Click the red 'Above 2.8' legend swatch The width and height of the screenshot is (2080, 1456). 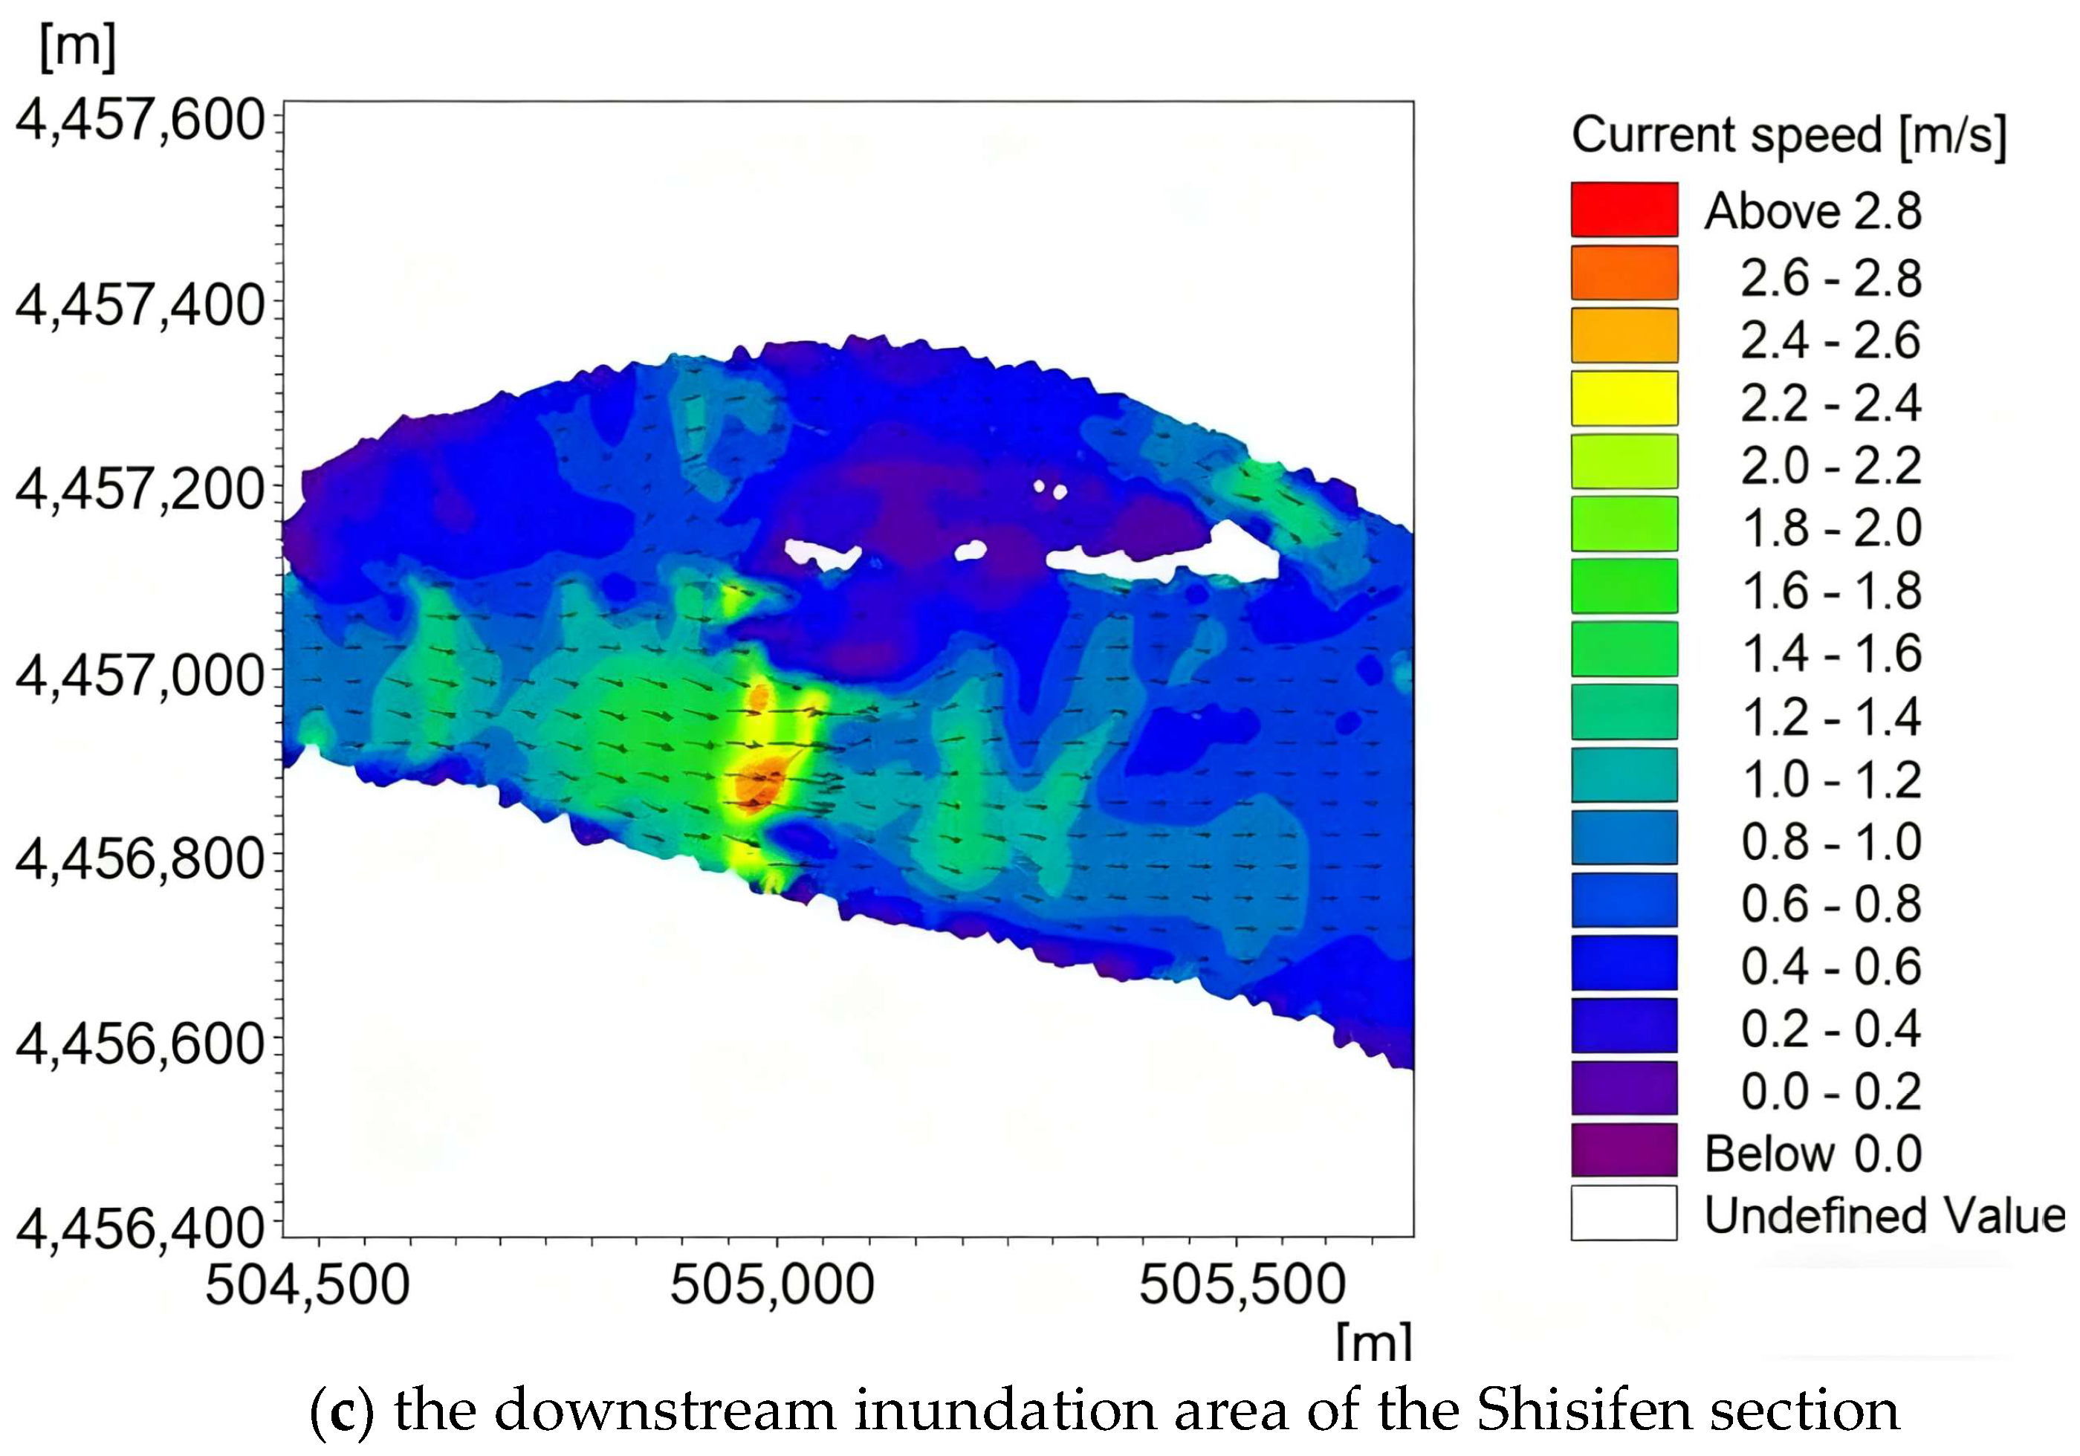[x=1624, y=210]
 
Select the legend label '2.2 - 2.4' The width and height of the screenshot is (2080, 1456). [x=1830, y=402]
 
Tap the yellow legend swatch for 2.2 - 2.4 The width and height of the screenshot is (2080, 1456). [x=1624, y=398]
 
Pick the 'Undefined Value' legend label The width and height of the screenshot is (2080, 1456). [x=1885, y=1215]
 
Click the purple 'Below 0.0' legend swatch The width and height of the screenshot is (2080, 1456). [x=1624, y=1151]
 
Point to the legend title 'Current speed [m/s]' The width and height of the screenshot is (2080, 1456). [x=1789, y=135]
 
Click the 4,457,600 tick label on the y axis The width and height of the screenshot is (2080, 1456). [x=140, y=120]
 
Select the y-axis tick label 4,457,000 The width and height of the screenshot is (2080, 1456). [x=140, y=675]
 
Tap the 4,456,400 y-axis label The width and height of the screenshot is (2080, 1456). [x=140, y=1229]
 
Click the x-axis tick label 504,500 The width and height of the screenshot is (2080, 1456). [x=307, y=1285]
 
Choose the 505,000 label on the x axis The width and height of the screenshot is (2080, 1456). [x=772, y=1285]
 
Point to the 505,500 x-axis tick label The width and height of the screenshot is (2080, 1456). [x=1241, y=1285]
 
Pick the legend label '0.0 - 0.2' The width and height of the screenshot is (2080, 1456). [x=1830, y=1092]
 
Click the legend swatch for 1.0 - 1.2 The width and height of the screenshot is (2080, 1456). [x=1624, y=774]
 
